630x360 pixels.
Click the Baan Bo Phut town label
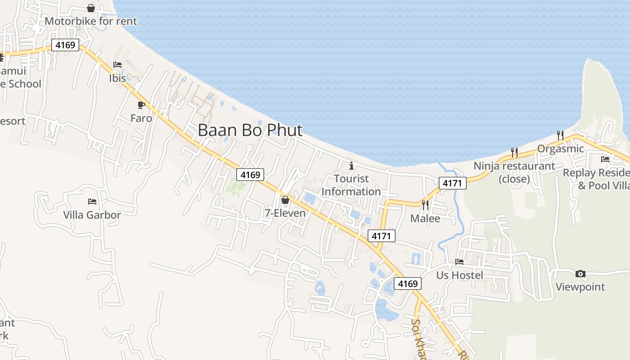click(250, 130)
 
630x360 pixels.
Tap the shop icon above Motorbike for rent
click(91, 8)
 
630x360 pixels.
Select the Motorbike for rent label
click(91, 21)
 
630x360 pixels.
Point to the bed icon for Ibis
click(117, 65)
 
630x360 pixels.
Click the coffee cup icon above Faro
click(141, 105)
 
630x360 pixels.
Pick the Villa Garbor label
click(92, 215)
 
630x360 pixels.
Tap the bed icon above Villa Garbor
click(92, 202)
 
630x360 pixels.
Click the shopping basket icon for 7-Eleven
click(285, 200)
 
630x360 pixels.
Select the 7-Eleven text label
click(285, 213)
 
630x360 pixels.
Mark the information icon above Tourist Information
click(351, 166)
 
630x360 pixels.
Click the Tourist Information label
click(351, 185)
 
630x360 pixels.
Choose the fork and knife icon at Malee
click(425, 205)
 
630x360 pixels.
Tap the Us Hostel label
click(460, 275)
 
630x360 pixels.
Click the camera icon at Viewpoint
click(580, 274)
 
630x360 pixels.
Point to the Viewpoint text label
click(580, 287)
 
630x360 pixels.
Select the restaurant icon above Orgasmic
click(560, 135)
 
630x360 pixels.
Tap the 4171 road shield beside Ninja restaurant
click(453, 183)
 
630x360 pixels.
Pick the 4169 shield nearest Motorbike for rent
click(65, 45)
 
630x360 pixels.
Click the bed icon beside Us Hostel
click(459, 261)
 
